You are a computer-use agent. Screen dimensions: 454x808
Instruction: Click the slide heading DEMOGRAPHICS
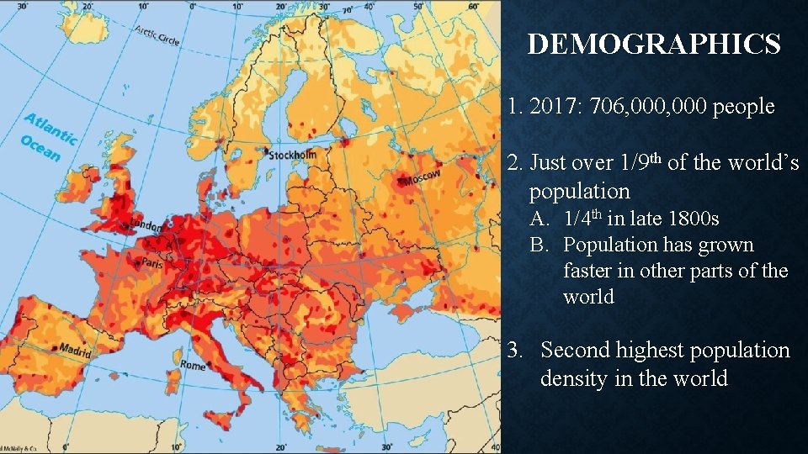point(653,44)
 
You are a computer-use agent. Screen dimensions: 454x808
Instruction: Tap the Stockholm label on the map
point(291,155)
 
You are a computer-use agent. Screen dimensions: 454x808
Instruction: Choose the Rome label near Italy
point(193,366)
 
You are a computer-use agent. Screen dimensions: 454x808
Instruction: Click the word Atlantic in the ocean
point(50,129)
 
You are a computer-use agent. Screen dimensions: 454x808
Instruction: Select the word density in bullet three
point(575,378)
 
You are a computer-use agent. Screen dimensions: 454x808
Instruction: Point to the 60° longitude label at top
point(474,6)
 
